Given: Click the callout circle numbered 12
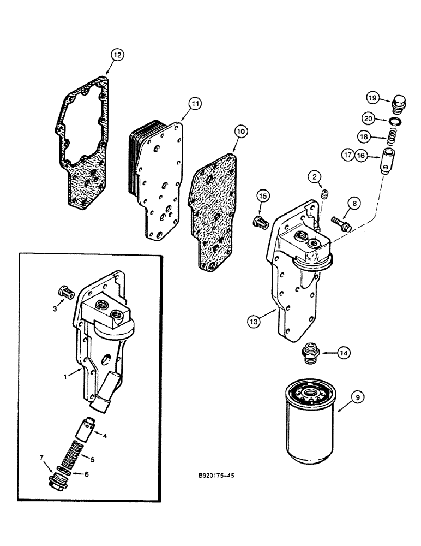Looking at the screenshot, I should (117, 54).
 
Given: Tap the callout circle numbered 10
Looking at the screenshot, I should (240, 130).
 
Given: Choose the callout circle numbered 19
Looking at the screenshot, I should (372, 98).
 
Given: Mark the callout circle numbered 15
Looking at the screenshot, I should (263, 195).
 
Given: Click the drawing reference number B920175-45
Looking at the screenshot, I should (216, 476).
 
